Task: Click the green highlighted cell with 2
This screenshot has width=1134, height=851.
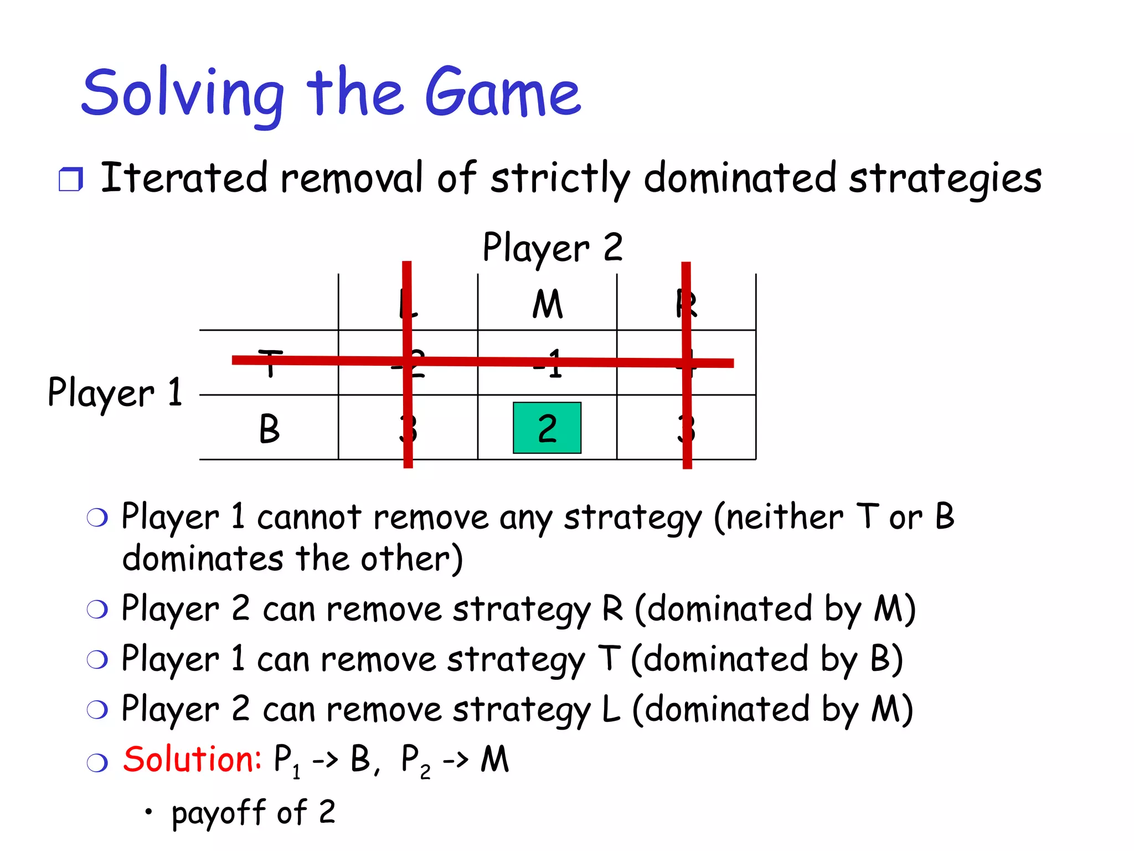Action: coord(547,428)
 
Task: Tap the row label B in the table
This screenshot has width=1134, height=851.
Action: coord(269,429)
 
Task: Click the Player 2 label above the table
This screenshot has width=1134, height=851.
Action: coord(552,248)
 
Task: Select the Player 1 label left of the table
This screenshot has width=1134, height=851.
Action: coord(115,392)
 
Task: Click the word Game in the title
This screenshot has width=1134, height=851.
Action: coord(503,93)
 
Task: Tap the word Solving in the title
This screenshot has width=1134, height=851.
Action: coord(183,93)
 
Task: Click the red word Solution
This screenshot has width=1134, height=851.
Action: coord(192,759)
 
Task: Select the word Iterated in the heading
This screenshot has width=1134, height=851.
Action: coord(184,178)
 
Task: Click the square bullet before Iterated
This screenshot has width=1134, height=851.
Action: coord(70,180)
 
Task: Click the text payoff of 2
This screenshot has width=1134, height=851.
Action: coord(253,813)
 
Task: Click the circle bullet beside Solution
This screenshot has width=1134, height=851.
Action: coord(97,763)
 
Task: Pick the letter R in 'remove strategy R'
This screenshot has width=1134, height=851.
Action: coord(612,608)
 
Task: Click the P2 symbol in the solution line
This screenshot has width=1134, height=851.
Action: coord(415,760)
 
